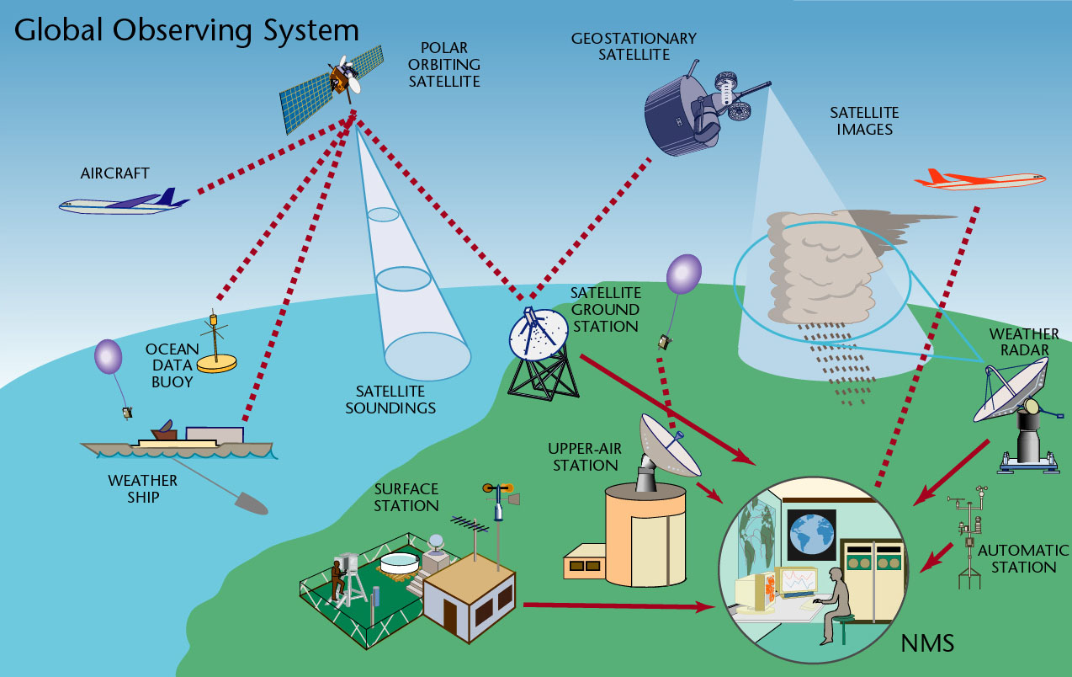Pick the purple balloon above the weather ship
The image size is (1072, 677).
(108, 356)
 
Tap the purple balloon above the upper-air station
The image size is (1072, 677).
(683, 275)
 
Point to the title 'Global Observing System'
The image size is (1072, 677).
(187, 30)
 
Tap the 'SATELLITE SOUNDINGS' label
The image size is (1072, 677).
(395, 400)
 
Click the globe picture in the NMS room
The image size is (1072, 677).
(811, 534)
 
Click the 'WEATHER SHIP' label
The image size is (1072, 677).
(142, 488)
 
